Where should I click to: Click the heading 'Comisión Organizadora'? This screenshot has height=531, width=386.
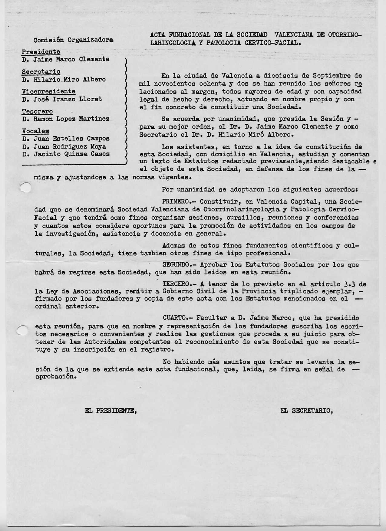(x=74, y=40)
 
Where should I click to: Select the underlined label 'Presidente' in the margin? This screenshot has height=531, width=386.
(x=41, y=52)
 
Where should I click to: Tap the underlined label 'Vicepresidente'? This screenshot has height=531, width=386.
(x=48, y=91)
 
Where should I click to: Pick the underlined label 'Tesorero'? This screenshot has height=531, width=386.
(x=37, y=111)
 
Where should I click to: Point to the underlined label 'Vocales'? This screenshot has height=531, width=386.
(x=35, y=131)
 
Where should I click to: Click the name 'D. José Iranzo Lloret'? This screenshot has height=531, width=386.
(x=62, y=99)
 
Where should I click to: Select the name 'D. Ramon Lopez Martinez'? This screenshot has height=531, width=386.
(x=66, y=119)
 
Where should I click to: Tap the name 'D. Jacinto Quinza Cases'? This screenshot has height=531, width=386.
(x=66, y=154)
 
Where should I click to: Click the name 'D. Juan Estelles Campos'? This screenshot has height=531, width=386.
(x=66, y=139)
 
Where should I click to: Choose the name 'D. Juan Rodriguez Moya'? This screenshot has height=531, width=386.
(x=64, y=146)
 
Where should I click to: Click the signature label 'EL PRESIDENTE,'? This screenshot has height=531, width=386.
(x=111, y=411)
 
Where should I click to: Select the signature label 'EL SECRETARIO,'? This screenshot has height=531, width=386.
(x=307, y=411)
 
